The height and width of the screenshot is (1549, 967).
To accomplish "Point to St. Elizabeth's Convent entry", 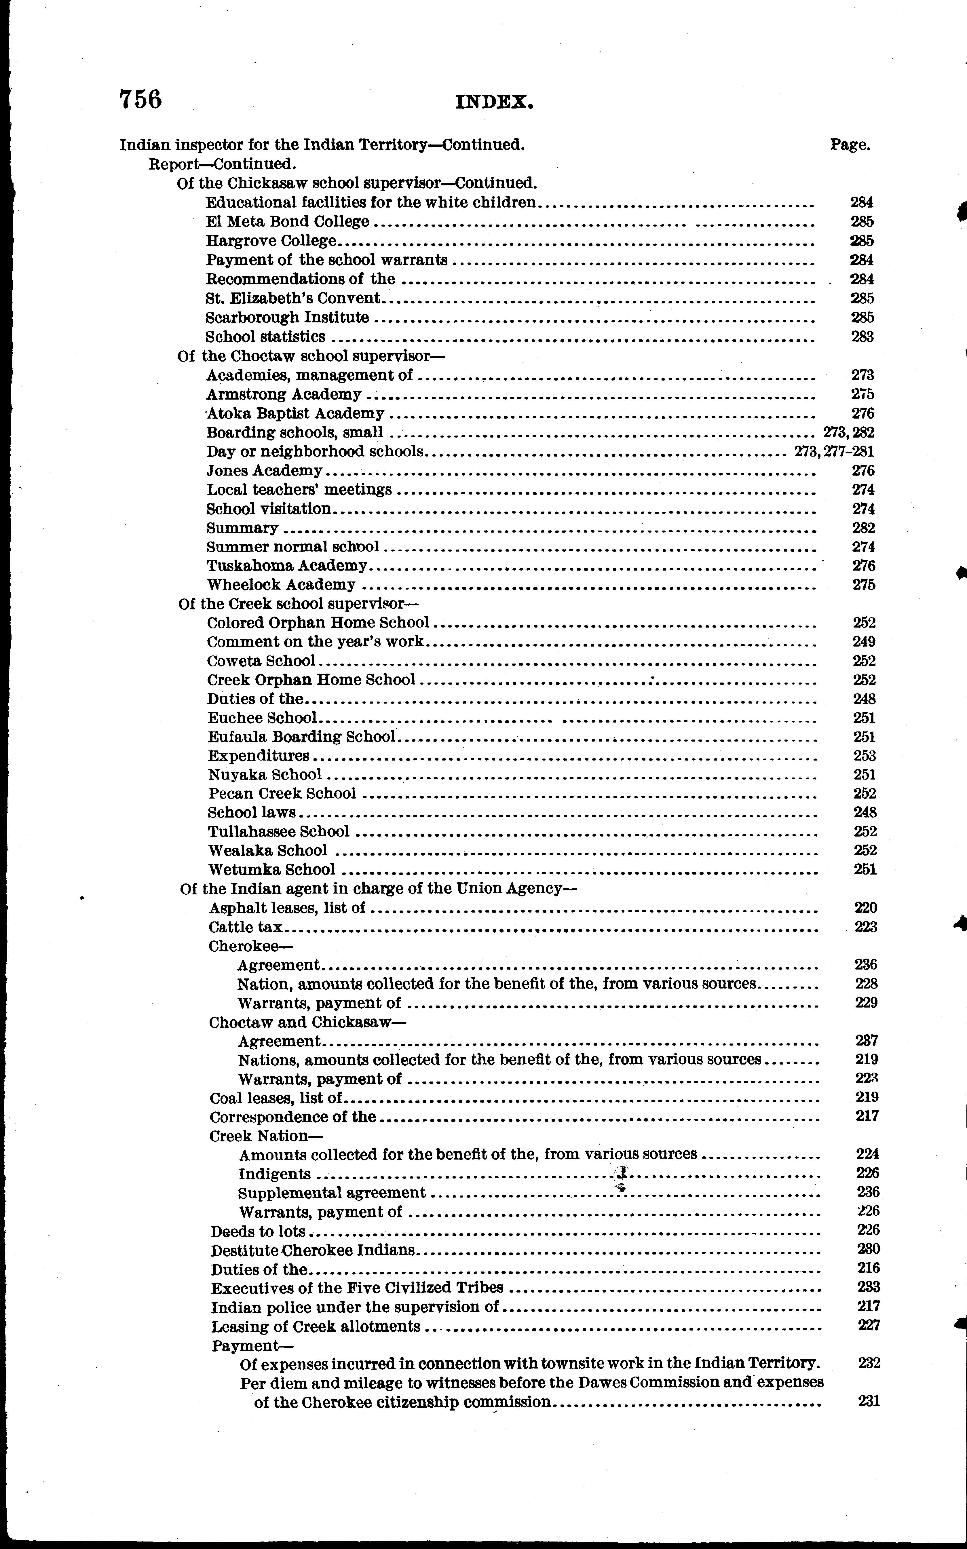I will tap(293, 298).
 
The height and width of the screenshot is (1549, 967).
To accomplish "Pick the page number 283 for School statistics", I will tap(862, 337).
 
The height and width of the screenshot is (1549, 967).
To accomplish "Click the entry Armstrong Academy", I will tap(284, 394).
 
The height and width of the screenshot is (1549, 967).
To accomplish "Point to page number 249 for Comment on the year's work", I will tap(864, 641).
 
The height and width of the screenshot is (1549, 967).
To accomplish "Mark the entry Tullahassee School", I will tap(279, 831).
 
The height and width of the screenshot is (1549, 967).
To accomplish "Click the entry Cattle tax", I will tap(246, 927).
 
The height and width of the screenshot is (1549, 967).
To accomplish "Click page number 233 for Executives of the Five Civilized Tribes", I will tap(869, 1287).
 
